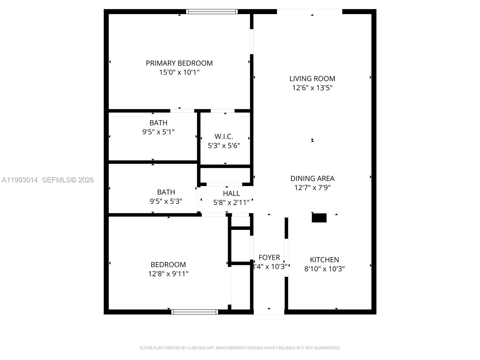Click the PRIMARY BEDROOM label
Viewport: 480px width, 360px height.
click(179, 63)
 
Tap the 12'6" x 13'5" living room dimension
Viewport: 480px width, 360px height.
click(312, 88)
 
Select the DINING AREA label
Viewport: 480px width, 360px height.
click(312, 178)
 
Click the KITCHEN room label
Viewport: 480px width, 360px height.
click(324, 260)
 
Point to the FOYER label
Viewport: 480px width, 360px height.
click(269, 257)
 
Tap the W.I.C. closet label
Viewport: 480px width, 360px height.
click(224, 137)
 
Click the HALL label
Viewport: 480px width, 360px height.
click(231, 193)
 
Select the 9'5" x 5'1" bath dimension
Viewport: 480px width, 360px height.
click(158, 132)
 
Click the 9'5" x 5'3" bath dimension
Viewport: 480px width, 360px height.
click(166, 201)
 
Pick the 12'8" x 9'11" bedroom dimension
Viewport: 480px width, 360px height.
click(168, 274)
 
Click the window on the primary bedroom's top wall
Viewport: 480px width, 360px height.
click(212, 12)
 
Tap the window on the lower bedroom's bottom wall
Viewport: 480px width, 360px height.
click(195, 312)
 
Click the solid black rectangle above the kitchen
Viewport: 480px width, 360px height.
click(319, 218)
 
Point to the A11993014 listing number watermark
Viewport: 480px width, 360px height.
click(20, 180)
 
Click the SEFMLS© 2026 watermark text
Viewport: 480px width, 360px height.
click(68, 180)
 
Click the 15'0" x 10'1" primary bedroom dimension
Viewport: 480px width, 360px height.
click(179, 73)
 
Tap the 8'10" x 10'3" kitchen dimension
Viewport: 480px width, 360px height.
click(324, 269)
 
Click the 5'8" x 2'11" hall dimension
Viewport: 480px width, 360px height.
click(231, 203)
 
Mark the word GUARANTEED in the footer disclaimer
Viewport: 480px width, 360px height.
click(326, 348)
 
